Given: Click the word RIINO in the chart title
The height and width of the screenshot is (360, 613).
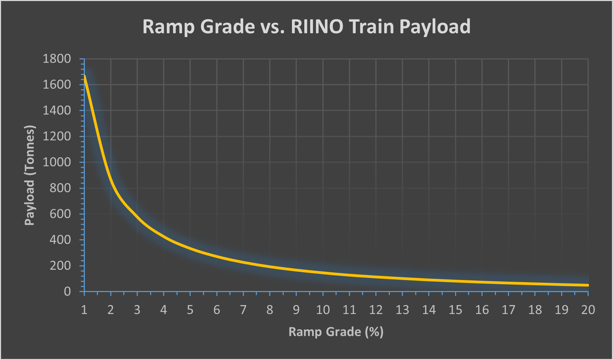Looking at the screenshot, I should pyautogui.click(x=317, y=26).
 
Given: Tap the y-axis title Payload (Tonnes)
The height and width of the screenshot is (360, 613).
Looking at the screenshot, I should pyautogui.click(x=30, y=175).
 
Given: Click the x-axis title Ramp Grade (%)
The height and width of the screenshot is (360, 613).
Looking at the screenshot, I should pyautogui.click(x=336, y=332).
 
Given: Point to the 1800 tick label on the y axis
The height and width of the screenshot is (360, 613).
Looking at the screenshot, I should pyautogui.click(x=57, y=59).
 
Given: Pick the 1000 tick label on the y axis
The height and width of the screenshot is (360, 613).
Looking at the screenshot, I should pyautogui.click(x=57, y=162).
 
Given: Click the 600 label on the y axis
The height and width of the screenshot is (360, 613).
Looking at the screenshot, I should pyautogui.click(x=60, y=214).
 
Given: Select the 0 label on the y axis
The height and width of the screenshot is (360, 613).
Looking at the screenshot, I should pyautogui.click(x=67, y=291).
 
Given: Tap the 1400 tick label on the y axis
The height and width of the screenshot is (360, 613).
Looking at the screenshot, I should pyautogui.click(x=57, y=111).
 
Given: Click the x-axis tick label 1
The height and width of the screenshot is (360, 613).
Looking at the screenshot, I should pyautogui.click(x=84, y=310).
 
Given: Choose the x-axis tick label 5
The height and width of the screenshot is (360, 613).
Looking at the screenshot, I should pyautogui.click(x=190, y=310).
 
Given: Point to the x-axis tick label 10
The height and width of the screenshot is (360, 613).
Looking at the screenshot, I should pyautogui.click(x=323, y=310).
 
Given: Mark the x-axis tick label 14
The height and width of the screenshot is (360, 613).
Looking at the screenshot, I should pyautogui.click(x=429, y=310).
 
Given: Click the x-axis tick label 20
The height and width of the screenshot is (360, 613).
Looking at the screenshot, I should pyautogui.click(x=588, y=310).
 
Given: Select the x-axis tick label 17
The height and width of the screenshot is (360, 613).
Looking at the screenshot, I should pyautogui.click(x=508, y=310).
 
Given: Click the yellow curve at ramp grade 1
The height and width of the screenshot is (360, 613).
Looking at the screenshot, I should pyautogui.click(x=84, y=76).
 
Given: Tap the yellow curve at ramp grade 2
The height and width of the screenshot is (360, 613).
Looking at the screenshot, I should pyautogui.click(x=111, y=179).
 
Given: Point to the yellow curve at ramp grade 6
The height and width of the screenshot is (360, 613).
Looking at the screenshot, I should pyautogui.click(x=217, y=256).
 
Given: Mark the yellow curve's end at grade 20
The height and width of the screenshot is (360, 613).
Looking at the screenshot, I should pyautogui.click(x=588, y=285).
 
